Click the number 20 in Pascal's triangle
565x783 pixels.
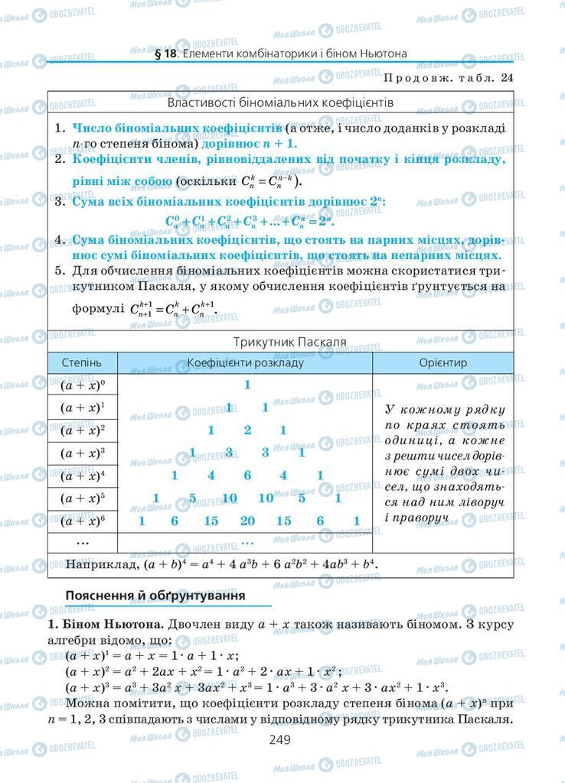coord(247,521)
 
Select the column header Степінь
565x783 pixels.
coord(83,362)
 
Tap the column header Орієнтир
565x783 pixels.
coord(443,362)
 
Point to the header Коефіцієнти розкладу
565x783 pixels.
coord(246,362)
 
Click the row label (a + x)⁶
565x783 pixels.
coord(83,521)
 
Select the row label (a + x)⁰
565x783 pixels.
coord(83,385)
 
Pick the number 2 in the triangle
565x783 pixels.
coord(247,430)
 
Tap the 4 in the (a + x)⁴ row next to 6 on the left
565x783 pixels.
coord(211,476)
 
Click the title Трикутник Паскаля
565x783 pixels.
coord(281,341)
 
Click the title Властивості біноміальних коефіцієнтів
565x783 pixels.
coord(280,101)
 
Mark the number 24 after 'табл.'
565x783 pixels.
coord(506,77)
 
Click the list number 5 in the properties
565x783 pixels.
coord(59,271)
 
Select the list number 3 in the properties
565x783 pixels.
coord(59,202)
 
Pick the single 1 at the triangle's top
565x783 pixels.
coord(247,385)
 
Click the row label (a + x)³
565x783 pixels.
coord(83,453)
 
